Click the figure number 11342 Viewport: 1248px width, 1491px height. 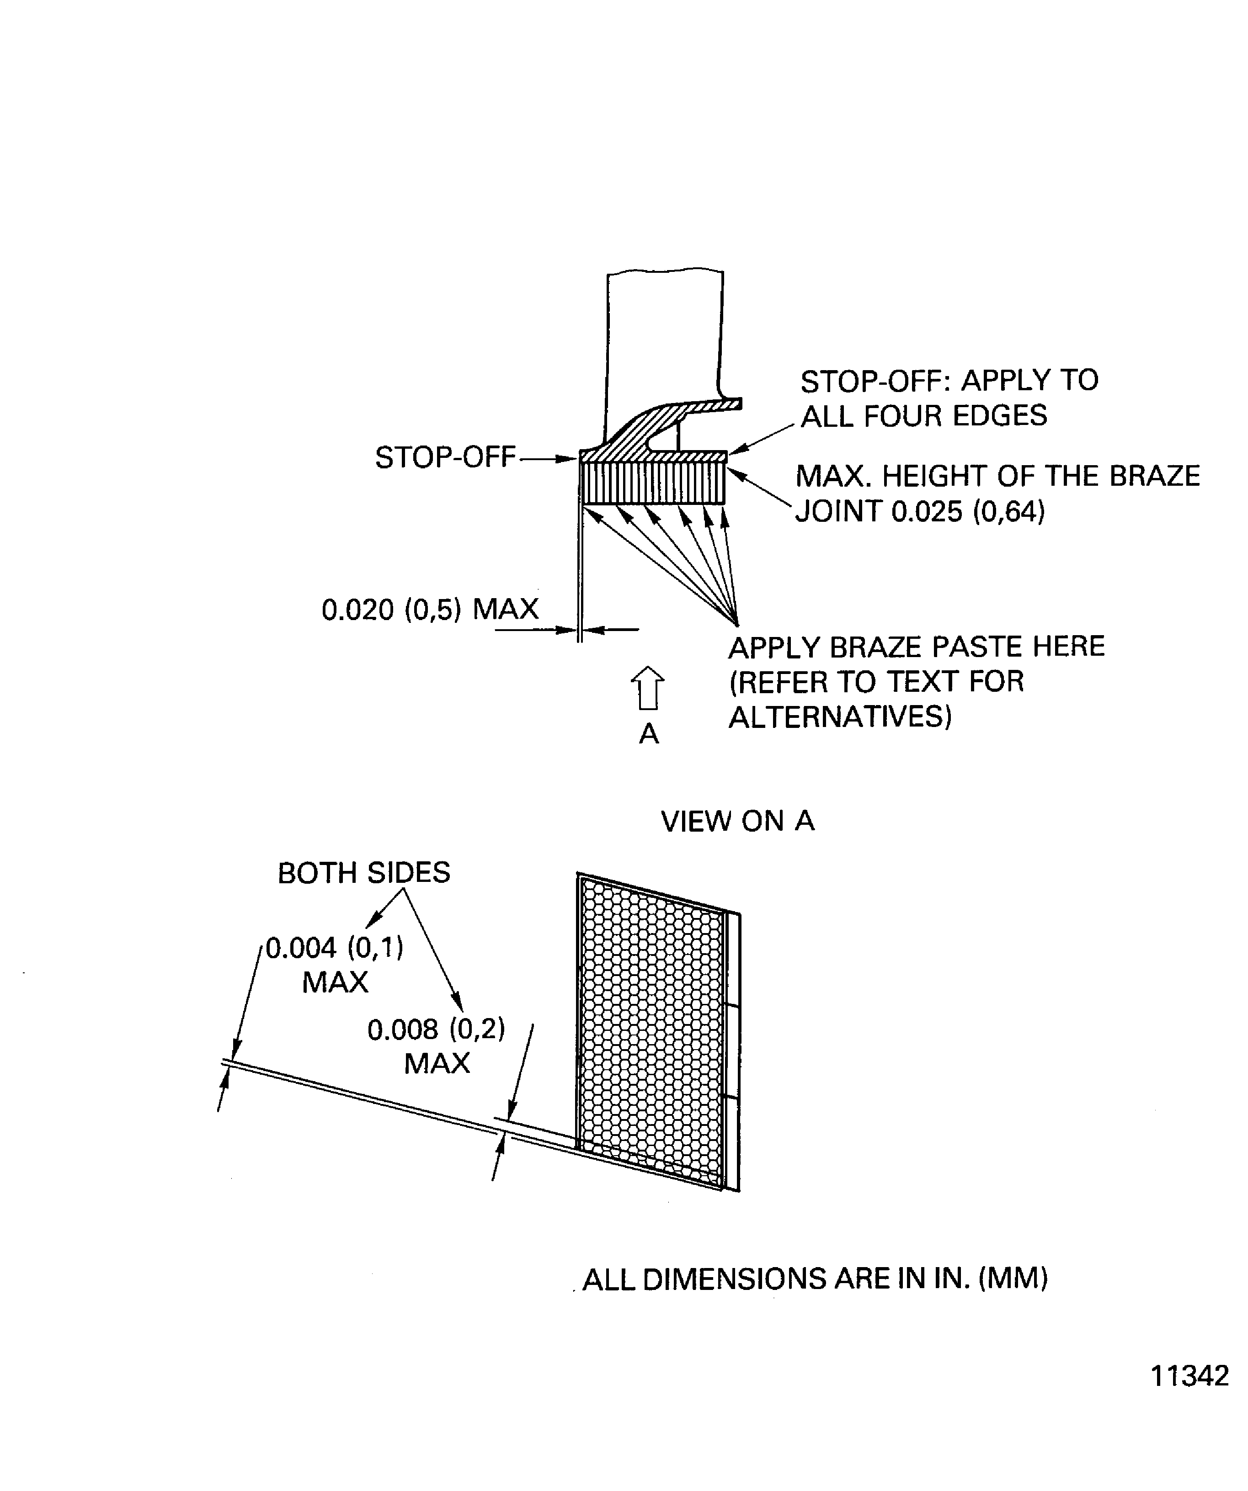click(x=1189, y=1376)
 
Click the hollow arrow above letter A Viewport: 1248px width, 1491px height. click(x=647, y=688)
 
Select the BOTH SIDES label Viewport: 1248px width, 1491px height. click(x=364, y=873)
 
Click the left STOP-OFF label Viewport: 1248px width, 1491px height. click(x=445, y=457)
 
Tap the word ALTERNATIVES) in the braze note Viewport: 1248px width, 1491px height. click(x=840, y=716)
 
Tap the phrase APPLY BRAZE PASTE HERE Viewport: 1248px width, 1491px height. click(x=916, y=647)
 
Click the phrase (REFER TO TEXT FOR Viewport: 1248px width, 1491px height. click(x=876, y=682)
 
